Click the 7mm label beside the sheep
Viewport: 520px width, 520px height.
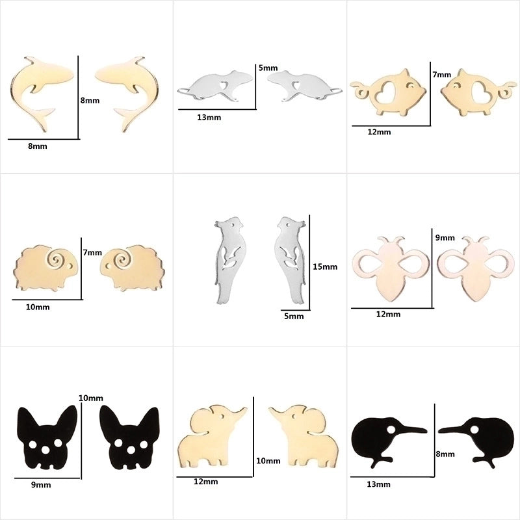(x=92, y=252)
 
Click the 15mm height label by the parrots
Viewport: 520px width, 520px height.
(x=325, y=266)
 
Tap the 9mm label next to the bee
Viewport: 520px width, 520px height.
(x=444, y=238)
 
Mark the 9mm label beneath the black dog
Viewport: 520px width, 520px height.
(x=41, y=484)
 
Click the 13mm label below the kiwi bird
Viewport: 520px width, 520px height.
(x=379, y=484)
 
